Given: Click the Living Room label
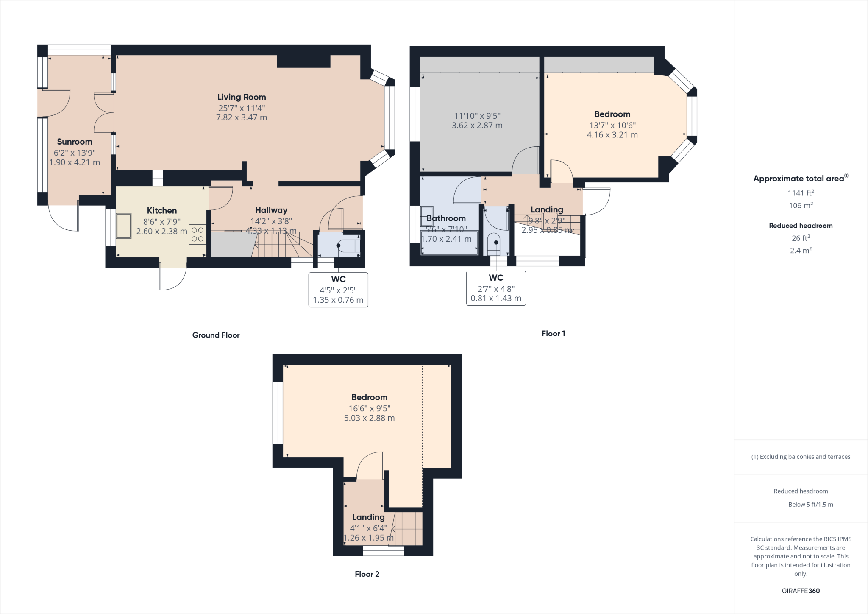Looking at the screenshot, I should pos(242,97).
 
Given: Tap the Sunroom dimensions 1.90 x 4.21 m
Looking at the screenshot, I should pos(75,162).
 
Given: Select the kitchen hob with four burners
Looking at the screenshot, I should pos(198,234).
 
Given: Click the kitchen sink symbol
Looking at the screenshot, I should pos(124,226).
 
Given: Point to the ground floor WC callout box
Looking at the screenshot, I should pos(338,290).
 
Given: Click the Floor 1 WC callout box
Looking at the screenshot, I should pos(496,288).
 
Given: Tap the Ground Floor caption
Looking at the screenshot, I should pos(216,335).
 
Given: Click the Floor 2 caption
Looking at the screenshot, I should pos(367,574).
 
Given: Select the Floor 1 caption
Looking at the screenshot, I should pos(553,334).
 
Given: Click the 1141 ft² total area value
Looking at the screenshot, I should pos(801,193).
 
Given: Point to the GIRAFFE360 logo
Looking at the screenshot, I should pos(801,591).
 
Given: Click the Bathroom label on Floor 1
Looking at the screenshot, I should pos(446,218).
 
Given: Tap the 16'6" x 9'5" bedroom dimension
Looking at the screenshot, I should pos(369,408).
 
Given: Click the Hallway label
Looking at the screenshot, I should pos(271,210).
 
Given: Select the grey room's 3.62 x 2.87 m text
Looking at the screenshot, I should pos(477,126).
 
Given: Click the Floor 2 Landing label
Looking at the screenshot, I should pos(368,517).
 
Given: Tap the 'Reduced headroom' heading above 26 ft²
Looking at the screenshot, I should pos(801,226).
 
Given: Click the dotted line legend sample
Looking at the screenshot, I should pos(776,505).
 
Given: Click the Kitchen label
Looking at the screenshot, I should pos(162,211).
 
